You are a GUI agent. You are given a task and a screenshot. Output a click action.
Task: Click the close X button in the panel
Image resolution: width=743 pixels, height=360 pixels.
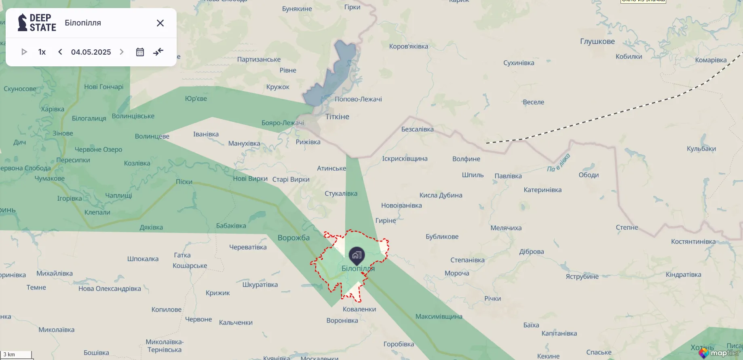160,23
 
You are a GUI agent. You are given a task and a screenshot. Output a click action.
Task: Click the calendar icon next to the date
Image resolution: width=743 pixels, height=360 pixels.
140,52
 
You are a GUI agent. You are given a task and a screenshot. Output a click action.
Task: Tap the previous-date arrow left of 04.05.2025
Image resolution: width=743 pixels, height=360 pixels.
60,52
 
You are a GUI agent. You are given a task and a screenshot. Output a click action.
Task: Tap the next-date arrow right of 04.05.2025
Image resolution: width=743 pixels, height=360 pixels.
121,52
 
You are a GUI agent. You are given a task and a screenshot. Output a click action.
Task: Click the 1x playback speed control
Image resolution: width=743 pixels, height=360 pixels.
42,52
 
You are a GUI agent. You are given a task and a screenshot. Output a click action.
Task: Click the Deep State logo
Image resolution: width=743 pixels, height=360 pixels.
37,23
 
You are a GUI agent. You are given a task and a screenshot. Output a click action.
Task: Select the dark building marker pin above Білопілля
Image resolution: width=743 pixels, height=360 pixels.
357,255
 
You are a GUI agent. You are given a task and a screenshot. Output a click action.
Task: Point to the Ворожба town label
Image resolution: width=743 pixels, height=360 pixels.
293,238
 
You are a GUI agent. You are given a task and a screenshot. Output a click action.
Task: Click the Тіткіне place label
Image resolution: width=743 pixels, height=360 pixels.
337,116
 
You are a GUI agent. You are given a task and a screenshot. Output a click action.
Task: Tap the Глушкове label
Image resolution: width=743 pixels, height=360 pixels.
597,41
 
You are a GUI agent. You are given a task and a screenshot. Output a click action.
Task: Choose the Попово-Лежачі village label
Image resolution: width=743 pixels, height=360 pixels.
358,99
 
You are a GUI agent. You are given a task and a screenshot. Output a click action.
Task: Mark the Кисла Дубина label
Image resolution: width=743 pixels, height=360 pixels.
441,195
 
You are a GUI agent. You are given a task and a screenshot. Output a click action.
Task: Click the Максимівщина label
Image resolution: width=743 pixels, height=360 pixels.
439,316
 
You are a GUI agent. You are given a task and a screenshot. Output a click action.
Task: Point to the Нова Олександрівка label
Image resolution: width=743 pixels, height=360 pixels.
110,288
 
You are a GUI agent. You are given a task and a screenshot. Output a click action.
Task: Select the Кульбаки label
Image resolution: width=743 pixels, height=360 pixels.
701,148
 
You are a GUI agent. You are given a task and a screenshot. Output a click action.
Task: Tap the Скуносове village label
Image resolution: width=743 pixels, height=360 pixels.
20,89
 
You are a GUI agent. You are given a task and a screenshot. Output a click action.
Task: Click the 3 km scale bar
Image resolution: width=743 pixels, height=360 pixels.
16,355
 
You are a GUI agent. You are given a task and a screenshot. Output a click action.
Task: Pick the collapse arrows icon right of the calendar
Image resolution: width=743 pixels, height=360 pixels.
158,52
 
